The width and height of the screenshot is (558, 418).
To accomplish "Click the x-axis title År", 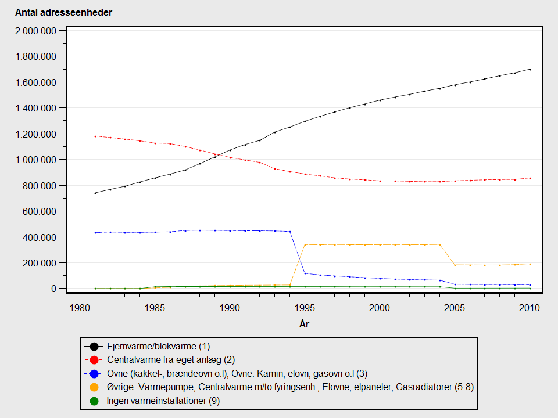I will (304, 325).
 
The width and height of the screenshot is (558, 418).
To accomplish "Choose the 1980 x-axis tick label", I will (80, 308).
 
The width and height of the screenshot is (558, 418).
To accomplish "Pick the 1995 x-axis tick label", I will (305, 308).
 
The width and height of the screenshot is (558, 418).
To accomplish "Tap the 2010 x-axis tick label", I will (530, 308).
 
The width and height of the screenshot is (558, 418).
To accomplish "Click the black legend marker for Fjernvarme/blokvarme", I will (94, 347).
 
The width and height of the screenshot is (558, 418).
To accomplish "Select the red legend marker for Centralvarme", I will (94, 360).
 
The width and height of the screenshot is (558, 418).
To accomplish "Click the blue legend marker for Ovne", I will (94, 373).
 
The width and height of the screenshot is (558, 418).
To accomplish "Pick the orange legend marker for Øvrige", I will (94, 387).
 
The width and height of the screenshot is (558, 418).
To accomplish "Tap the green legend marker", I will (94, 400).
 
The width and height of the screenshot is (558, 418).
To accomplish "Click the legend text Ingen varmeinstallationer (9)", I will (163, 400).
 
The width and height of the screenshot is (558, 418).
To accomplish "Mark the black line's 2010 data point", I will (530, 70).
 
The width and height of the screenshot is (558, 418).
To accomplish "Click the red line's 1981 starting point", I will (95, 136).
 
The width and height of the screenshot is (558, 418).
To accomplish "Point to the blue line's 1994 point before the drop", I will (289, 232).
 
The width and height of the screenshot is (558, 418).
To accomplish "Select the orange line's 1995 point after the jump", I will (305, 244).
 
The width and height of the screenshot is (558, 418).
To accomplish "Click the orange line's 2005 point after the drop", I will (455, 265).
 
